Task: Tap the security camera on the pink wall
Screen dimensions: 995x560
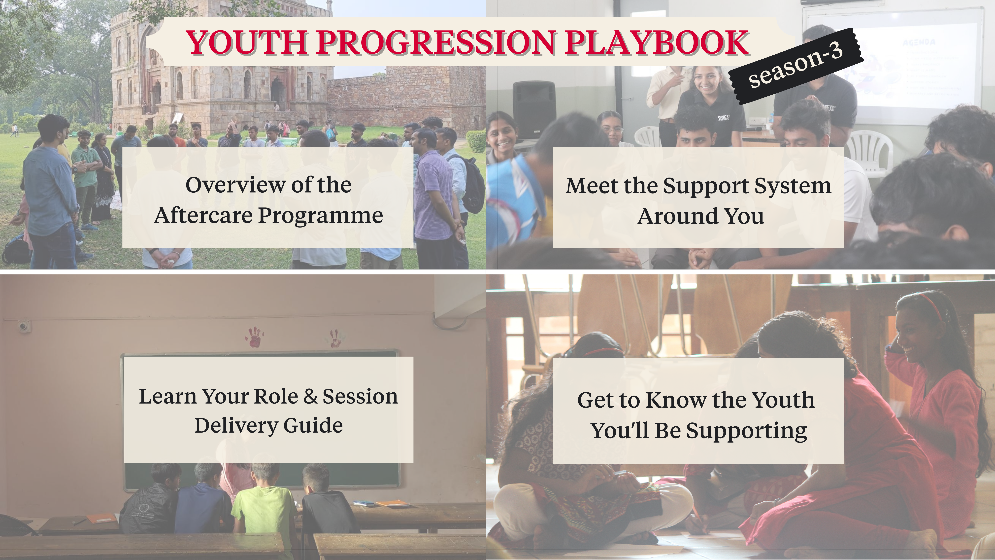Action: tap(23, 327)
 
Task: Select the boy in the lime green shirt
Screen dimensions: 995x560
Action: tap(265, 499)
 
